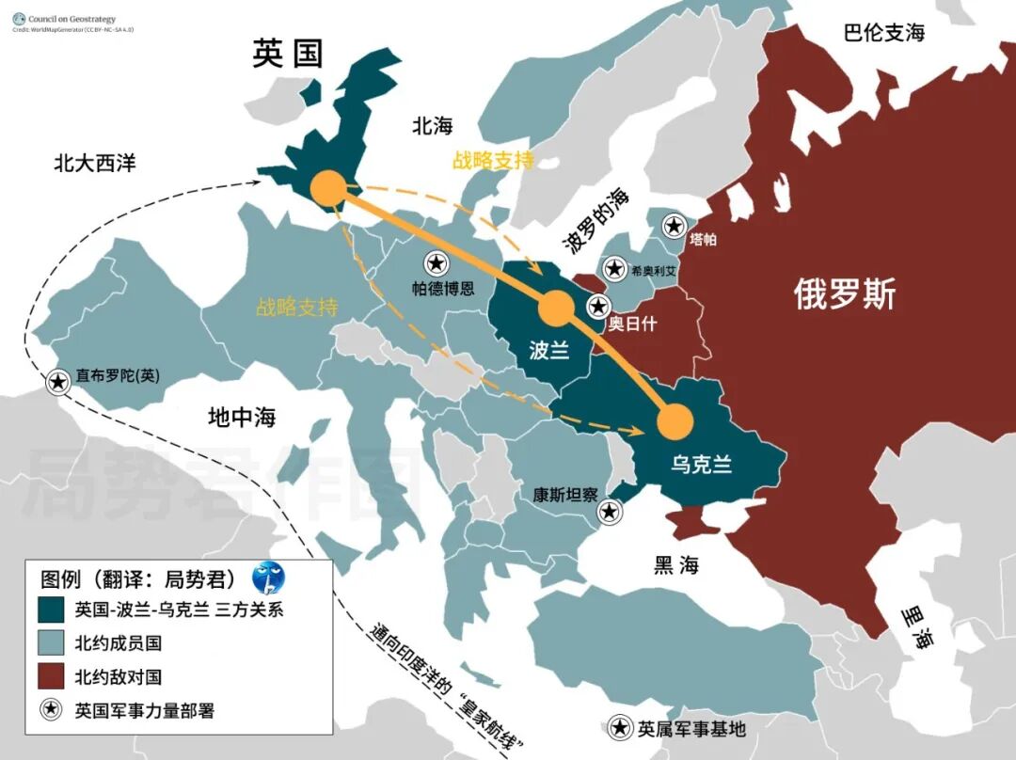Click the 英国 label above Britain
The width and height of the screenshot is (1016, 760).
pyautogui.click(x=288, y=54)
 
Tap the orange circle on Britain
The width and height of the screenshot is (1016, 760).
pyautogui.click(x=329, y=188)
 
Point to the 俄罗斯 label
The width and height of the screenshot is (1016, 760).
pyautogui.click(x=844, y=294)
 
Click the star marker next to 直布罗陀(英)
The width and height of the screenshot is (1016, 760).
pyautogui.click(x=58, y=381)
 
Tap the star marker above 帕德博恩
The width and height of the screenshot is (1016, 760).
pyautogui.click(x=436, y=264)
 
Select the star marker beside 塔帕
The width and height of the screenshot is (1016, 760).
pyautogui.click(x=674, y=225)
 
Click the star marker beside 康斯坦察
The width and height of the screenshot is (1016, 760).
pyautogui.click(x=610, y=512)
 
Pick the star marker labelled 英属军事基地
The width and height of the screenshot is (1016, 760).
pyautogui.click(x=621, y=727)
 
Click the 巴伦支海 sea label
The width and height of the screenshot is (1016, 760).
pyautogui.click(x=883, y=33)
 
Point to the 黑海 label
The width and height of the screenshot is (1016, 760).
pyautogui.click(x=677, y=564)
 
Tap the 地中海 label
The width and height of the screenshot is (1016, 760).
pyautogui.click(x=242, y=417)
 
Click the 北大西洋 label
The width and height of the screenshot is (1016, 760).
pyautogui.click(x=94, y=163)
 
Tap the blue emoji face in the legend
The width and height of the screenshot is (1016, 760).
pyautogui.click(x=267, y=577)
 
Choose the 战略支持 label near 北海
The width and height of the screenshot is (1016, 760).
pyautogui.click(x=493, y=160)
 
